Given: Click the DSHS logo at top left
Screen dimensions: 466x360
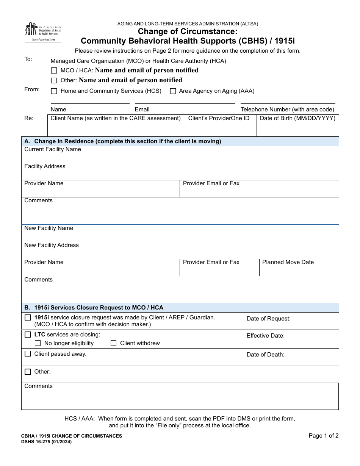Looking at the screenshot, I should [43, 31].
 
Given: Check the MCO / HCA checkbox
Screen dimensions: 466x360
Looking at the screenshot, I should [54, 70].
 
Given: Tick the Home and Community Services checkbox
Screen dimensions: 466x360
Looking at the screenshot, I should [54, 91].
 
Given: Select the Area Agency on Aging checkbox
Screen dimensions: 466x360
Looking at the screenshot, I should [173, 91].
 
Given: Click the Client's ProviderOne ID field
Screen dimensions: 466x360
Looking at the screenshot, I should [221, 128].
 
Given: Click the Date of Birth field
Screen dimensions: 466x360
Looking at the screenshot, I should [297, 128].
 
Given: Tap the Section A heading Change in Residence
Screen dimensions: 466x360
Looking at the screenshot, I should [122, 141].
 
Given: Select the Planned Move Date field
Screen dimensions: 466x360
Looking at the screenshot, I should [299, 271].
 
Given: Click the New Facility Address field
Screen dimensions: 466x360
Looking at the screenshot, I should [180, 253].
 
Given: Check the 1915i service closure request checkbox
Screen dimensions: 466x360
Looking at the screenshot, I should [28, 317].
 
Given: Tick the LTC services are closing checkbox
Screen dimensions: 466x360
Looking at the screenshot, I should [28, 335].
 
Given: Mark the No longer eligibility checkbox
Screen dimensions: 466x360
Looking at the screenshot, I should [38, 343].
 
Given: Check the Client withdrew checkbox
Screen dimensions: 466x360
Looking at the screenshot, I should [113, 343].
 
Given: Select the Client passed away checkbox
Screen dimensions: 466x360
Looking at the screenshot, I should [28, 354].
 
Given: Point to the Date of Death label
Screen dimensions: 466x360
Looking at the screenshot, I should [265, 355].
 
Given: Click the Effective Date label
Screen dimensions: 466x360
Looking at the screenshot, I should [265, 336].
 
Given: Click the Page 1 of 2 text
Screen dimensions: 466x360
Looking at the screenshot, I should [323, 436].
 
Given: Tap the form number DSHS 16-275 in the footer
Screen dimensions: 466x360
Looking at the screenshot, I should [46, 442].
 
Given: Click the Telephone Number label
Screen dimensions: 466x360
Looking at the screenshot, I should [287, 109].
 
